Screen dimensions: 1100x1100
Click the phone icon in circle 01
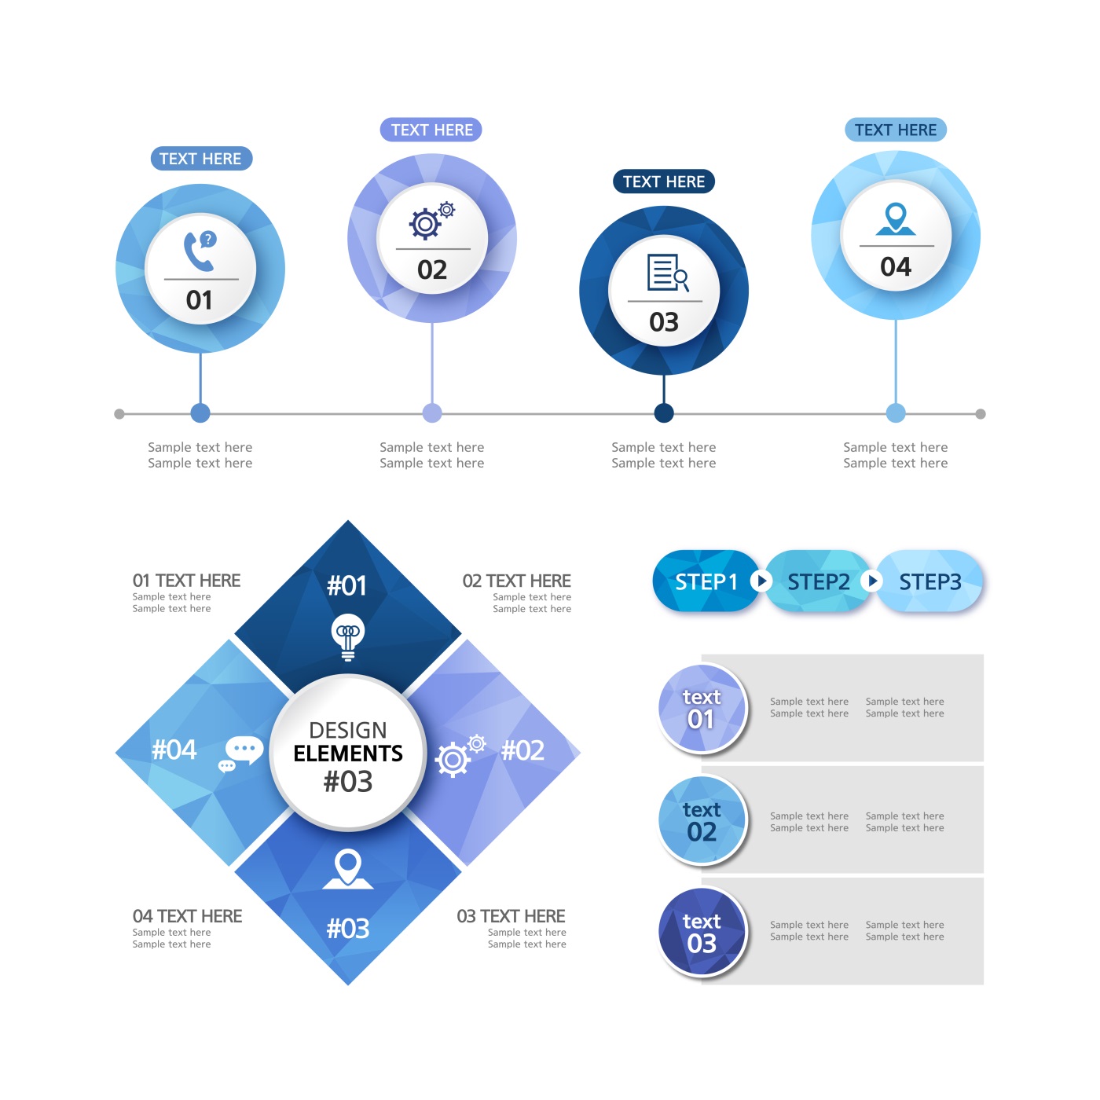200,251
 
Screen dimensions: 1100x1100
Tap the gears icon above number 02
431,220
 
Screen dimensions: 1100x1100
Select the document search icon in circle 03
667,273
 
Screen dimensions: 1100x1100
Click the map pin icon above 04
895,218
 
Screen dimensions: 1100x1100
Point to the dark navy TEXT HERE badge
663,181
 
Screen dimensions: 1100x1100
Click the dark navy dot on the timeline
663,412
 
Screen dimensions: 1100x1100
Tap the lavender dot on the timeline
431,412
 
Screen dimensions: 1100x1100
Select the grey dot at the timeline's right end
980,413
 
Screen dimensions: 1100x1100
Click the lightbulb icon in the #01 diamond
347,636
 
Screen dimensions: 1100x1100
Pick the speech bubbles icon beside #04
240,753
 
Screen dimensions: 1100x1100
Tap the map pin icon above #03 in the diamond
347,868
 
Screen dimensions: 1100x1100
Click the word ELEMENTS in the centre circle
347,753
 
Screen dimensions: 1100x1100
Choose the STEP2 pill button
818,581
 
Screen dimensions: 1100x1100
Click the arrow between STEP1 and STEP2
761,581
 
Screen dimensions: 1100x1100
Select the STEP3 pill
929,581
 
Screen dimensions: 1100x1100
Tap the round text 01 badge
702,707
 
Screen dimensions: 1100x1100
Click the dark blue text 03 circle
702,931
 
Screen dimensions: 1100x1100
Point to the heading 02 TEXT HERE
516,581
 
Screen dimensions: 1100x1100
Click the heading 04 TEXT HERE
187,915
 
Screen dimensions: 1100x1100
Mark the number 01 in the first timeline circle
200,299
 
